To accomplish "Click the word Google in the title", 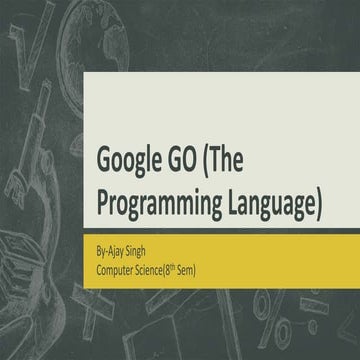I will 136,158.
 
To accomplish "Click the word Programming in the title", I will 160,197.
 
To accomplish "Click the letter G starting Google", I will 105,158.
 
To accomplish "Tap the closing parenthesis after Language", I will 319,197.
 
